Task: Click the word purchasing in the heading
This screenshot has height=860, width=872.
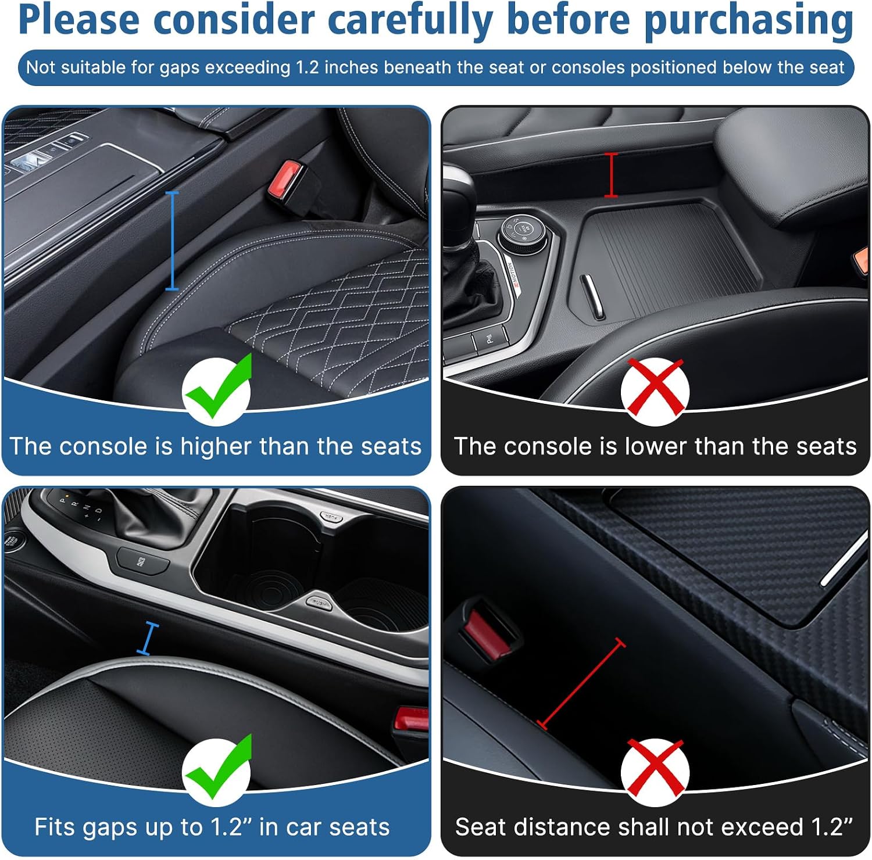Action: [x=749, y=21]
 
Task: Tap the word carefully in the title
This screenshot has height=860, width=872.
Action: [x=410, y=21]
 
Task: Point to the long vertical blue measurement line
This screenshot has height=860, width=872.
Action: [x=172, y=240]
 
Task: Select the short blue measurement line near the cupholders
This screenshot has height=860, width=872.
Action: [x=148, y=638]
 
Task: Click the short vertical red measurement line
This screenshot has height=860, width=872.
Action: [x=611, y=175]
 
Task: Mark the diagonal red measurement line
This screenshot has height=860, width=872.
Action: [x=581, y=684]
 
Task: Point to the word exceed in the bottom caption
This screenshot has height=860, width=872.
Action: [x=757, y=827]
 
